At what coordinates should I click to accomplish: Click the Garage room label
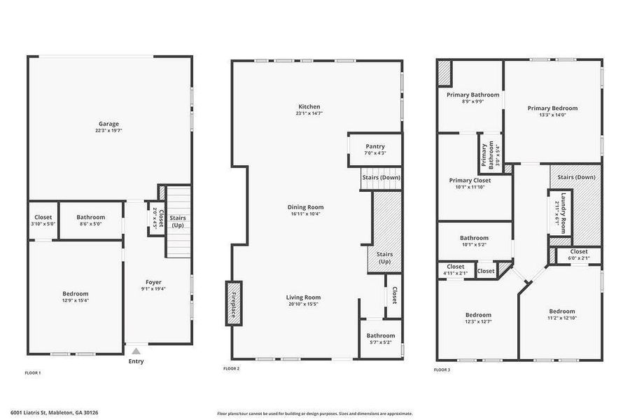pos(108,123)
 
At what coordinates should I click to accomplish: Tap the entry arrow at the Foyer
pos(136,351)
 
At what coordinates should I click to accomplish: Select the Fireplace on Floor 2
pos(232,303)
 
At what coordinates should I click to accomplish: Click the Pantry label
pos(375,146)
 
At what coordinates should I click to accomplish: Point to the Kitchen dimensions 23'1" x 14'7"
pos(309,113)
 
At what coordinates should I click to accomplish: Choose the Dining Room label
pos(305,206)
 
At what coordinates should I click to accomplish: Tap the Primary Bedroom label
pos(552,108)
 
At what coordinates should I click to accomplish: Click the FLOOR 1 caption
pos(33,373)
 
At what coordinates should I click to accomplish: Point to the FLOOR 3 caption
pos(442,369)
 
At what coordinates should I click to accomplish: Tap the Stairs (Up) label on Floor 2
pos(384,258)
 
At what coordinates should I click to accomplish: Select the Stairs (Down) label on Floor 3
pos(576,177)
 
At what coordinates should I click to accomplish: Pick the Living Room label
pos(303,297)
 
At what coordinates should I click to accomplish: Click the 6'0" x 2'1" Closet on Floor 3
pos(579,251)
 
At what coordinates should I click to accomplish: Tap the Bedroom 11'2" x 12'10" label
pos(561,311)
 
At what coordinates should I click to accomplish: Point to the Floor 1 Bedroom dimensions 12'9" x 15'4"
pos(75,300)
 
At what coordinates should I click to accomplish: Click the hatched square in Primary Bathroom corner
pos(444,73)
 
